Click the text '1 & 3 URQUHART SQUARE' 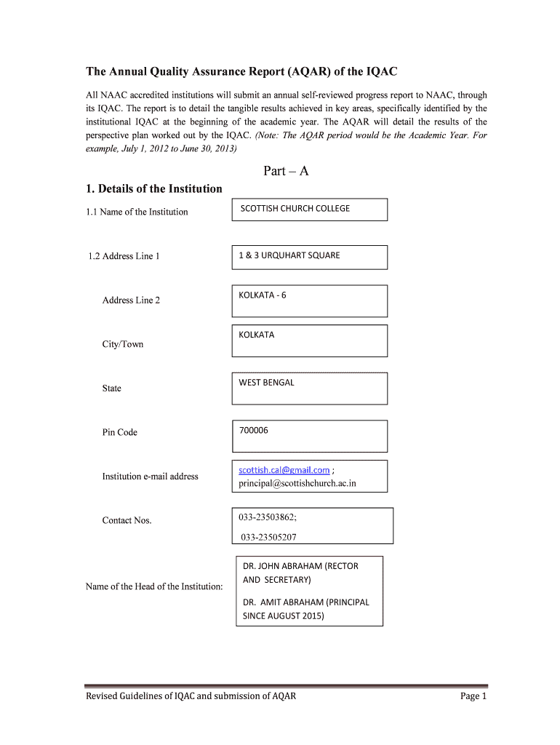click(289, 255)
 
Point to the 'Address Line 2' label click(131, 300)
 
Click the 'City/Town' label click(122, 344)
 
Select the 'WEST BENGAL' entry click(266, 383)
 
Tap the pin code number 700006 click(253, 431)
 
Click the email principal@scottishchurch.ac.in click(297, 483)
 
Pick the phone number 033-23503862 click(267, 517)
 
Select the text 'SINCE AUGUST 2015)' click(283, 615)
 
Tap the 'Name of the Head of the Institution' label click(154, 586)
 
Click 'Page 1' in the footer click(473, 696)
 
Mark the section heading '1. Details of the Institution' click(153, 189)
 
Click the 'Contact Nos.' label click(127, 520)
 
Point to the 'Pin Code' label click(119, 432)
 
